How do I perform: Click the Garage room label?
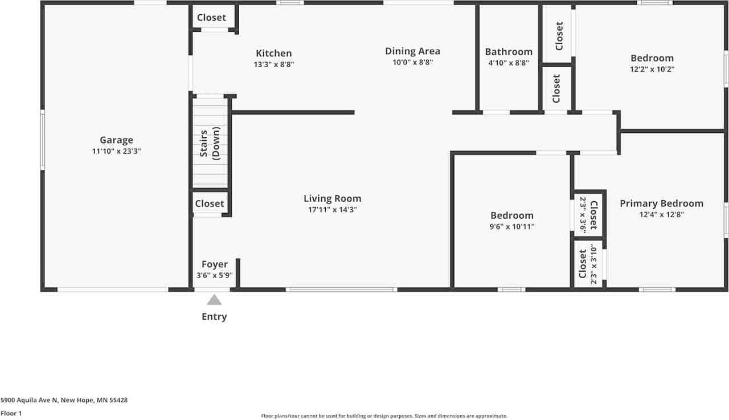click(116, 140)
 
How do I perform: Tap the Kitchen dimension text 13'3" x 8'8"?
click(273, 64)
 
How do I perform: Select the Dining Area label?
click(412, 51)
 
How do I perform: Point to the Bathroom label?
click(509, 52)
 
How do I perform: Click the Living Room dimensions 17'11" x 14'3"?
click(332, 210)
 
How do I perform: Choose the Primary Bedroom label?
click(661, 203)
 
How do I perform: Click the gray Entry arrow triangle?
click(214, 300)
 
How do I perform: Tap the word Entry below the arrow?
click(214, 317)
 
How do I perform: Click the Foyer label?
click(214, 264)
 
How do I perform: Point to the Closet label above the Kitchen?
click(211, 18)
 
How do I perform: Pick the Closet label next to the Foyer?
click(210, 203)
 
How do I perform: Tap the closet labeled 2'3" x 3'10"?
click(588, 264)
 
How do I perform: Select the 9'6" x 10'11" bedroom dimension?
click(512, 227)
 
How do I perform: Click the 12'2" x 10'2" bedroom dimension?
click(652, 70)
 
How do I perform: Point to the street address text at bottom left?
click(64, 400)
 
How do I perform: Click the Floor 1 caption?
click(11, 413)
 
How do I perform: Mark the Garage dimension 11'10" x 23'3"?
click(116, 152)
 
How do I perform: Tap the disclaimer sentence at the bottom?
click(384, 416)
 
